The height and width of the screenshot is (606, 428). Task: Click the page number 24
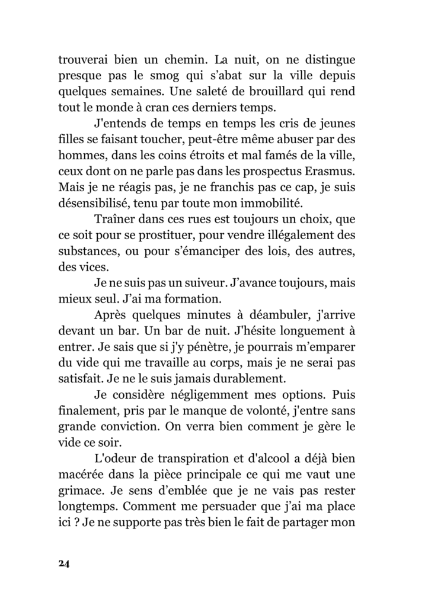point(64,563)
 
